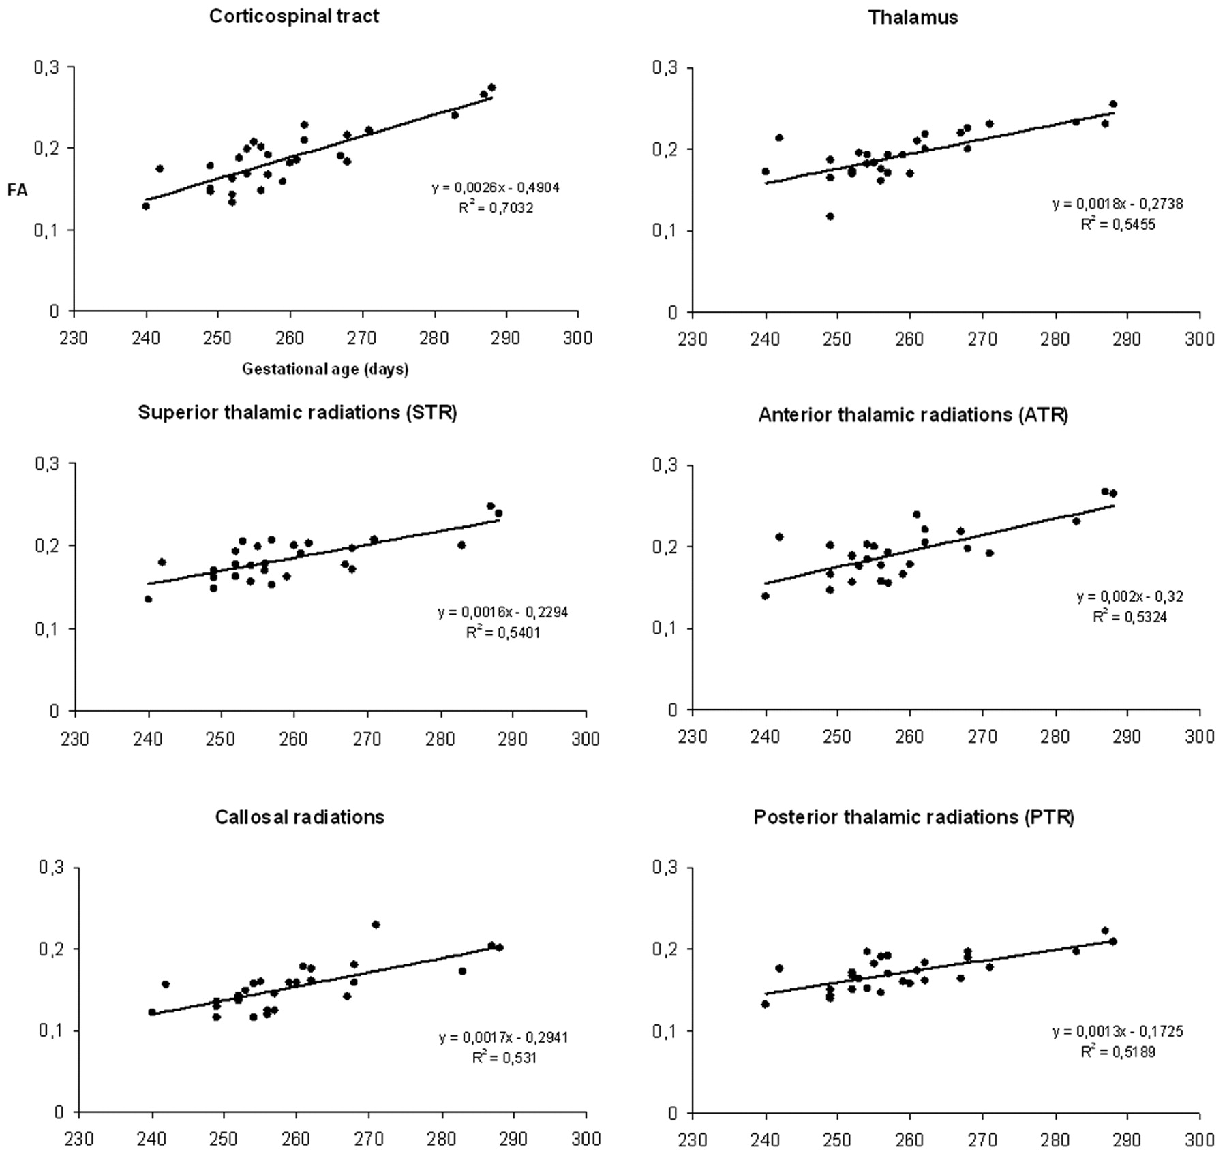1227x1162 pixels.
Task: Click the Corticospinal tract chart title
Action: [x=294, y=16]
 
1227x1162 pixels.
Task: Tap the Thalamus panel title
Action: [x=913, y=18]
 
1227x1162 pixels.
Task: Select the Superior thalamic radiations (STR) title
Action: [x=297, y=412]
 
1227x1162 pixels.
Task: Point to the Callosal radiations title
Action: [x=300, y=817]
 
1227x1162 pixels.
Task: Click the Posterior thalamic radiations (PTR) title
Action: [x=913, y=817]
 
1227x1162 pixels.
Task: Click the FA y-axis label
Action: [x=18, y=190]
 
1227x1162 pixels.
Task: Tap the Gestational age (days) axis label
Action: [x=325, y=369]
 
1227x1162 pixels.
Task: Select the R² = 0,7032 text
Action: [x=496, y=208]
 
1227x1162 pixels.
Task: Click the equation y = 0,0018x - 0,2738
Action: [x=1117, y=204]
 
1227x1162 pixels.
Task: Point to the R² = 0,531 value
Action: [x=504, y=1058]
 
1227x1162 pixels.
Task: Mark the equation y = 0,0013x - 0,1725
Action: [x=1117, y=1031]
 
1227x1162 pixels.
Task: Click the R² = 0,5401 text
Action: [x=503, y=632]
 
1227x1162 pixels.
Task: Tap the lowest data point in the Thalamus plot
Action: [x=830, y=217]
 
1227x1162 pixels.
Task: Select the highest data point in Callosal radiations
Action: [x=376, y=925]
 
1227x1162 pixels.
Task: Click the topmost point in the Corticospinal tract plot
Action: [x=491, y=87]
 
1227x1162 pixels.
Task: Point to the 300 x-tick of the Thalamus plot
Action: [x=1200, y=339]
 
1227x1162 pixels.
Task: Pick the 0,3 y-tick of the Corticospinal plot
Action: [x=47, y=67]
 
